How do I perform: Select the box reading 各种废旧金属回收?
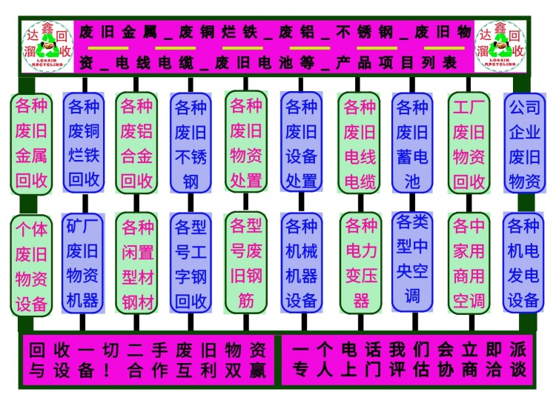(x=31, y=143)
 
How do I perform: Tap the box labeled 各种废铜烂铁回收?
(x=84, y=143)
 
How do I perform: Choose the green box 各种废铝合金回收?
(x=136, y=143)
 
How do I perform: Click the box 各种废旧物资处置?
(x=246, y=142)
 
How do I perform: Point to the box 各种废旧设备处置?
(x=301, y=143)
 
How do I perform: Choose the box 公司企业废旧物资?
(x=524, y=143)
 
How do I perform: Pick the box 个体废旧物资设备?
(x=31, y=265)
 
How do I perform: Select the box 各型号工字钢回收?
(x=191, y=264)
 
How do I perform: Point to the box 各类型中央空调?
(x=412, y=259)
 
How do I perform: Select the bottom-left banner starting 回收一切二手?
(x=148, y=360)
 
